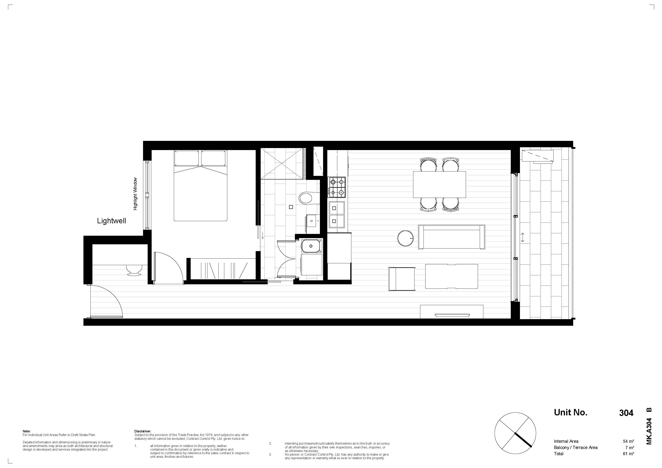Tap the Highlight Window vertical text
tap(135, 193)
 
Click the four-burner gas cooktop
tap(337, 187)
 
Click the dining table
tap(439, 184)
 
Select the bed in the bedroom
tap(200, 186)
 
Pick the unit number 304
tap(626, 413)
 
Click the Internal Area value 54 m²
tap(628, 441)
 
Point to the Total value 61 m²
tap(628, 454)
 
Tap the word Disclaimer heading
tap(143, 431)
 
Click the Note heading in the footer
tap(27, 431)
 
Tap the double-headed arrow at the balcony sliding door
tap(522, 238)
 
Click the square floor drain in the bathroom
tap(291, 207)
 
